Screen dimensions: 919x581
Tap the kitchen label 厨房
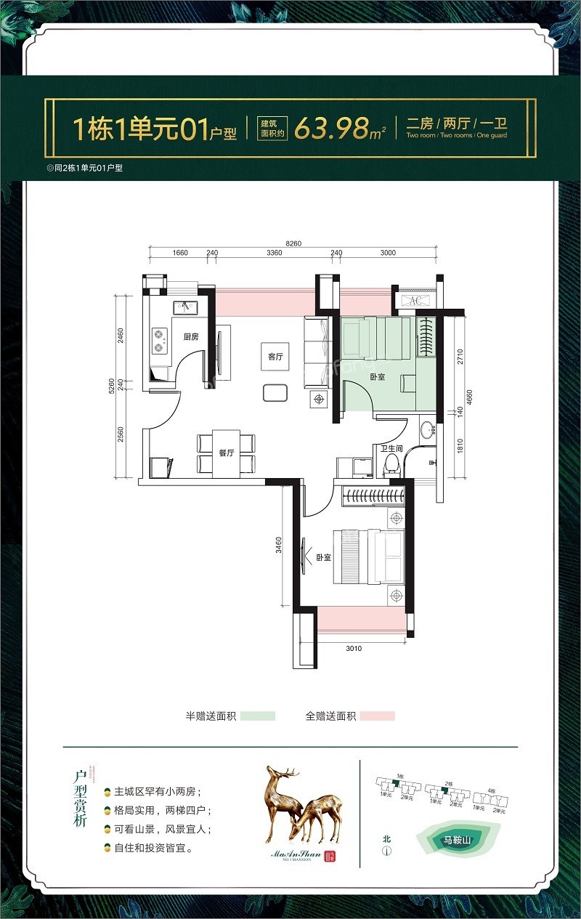pyautogui.click(x=191, y=336)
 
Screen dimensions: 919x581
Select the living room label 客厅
pyautogui.click(x=275, y=357)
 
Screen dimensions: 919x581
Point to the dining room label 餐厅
pyautogui.click(x=227, y=452)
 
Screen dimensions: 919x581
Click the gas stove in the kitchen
pyautogui.click(x=159, y=341)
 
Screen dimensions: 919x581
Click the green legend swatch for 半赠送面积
pyautogui.click(x=258, y=716)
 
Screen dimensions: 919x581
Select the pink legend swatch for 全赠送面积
pyautogui.click(x=377, y=716)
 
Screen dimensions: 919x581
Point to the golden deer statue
pyautogui.click(x=302, y=805)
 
